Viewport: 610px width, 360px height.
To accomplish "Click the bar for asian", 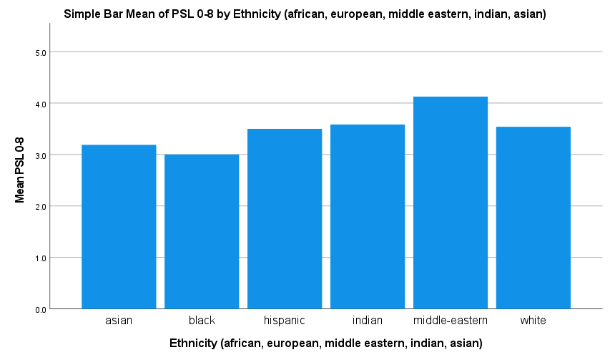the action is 119,226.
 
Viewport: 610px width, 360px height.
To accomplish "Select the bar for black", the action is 202,232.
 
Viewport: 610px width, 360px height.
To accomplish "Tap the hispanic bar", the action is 285,219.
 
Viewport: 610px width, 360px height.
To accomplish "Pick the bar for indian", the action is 368,216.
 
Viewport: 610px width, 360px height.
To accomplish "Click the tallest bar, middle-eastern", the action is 450,203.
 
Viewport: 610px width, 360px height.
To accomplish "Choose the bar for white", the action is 533,218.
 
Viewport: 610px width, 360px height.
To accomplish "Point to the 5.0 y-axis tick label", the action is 41,52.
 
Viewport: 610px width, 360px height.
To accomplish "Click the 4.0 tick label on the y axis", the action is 41,104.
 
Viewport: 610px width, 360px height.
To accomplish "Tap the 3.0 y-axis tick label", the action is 41,155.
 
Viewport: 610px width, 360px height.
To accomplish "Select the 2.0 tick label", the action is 41,207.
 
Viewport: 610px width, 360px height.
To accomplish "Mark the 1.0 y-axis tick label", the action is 41,258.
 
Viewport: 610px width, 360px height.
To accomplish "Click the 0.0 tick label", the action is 41,310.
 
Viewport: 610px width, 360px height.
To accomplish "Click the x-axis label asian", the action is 119,321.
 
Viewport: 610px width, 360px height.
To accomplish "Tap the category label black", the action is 202,321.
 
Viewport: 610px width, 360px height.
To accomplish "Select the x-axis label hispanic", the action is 285,321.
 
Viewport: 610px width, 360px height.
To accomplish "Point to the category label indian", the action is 368,321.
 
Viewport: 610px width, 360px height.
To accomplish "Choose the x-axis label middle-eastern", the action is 450,321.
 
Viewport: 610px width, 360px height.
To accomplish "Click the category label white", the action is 533,321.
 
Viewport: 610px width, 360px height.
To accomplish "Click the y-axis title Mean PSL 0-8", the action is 19,170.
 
